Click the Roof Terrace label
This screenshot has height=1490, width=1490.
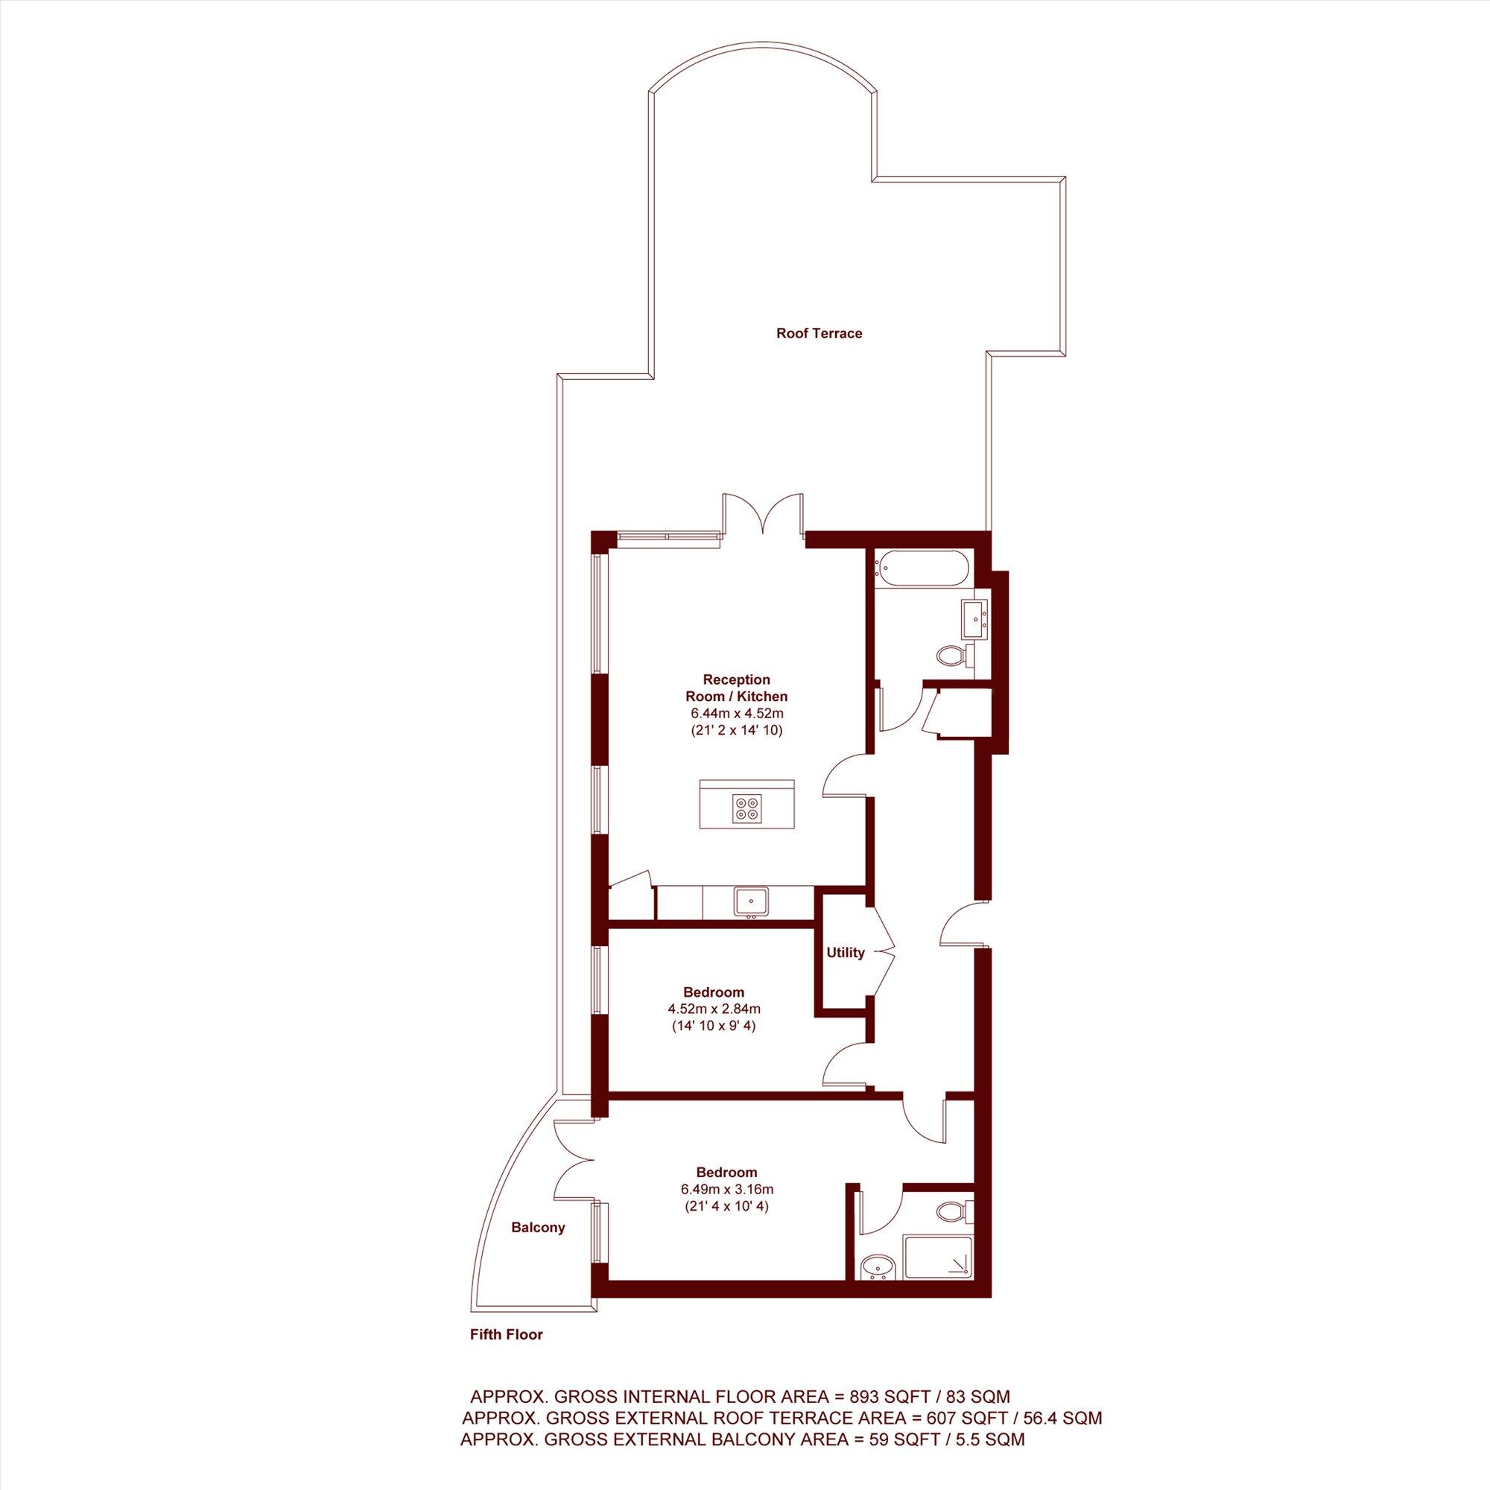coord(818,334)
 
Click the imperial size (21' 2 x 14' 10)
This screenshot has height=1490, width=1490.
coord(737,730)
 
